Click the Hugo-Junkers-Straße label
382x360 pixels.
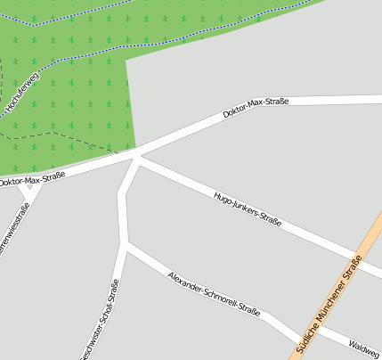click(x=248, y=209)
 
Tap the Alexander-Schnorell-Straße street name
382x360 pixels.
click(x=214, y=295)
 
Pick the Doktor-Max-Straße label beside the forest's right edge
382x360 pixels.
click(x=256, y=110)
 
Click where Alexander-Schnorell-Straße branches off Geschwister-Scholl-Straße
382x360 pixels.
click(x=126, y=246)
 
